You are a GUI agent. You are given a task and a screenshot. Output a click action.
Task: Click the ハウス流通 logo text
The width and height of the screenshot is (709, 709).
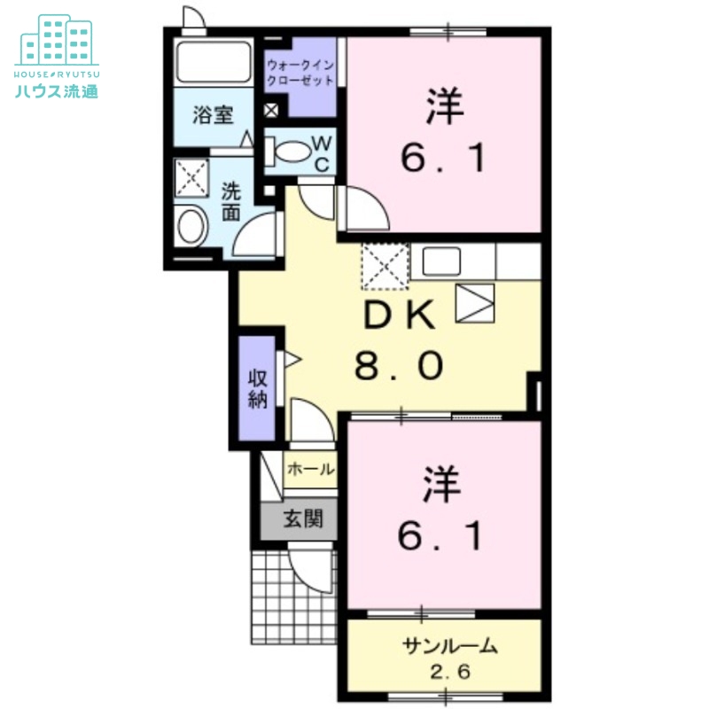click(x=57, y=89)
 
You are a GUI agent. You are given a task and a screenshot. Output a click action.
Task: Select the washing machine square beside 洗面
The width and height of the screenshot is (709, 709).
click(x=190, y=176)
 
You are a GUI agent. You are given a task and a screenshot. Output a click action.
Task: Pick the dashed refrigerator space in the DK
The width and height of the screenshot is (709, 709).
click(x=385, y=266)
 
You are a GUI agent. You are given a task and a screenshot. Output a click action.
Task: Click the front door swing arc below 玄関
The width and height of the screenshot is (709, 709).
click(x=311, y=573)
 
